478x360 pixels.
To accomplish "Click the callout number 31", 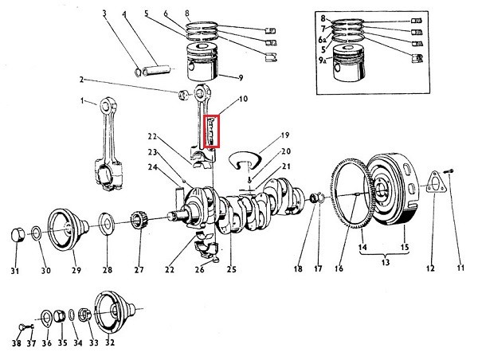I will point(14,271).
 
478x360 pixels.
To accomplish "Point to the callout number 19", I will point(284,135).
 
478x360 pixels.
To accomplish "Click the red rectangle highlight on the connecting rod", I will point(211,133).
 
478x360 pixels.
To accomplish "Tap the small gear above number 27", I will point(139,223).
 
